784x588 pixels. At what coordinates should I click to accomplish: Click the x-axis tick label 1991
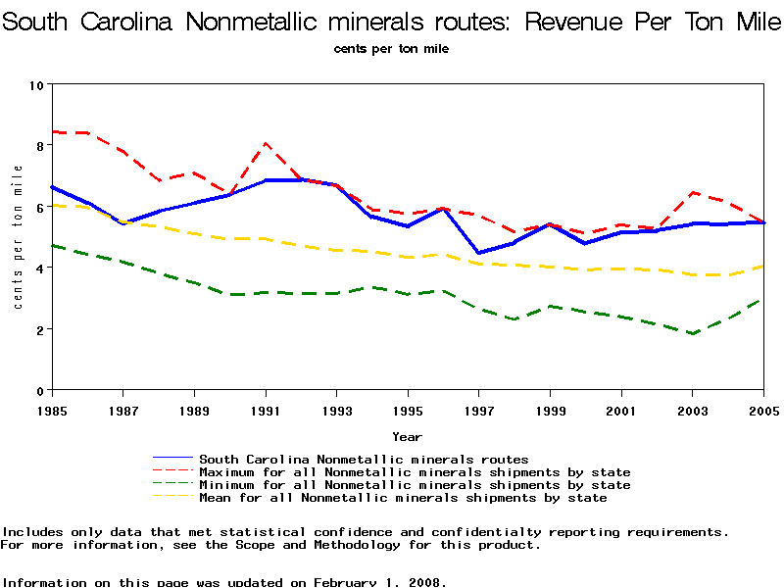(x=266, y=410)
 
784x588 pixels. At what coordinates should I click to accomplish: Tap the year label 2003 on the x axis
(x=692, y=410)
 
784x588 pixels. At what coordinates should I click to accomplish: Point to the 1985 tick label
(x=52, y=410)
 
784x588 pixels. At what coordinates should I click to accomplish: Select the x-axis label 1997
(x=478, y=410)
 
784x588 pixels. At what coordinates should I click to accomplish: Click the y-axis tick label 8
(x=38, y=146)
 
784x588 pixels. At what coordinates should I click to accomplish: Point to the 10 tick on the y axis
(x=35, y=85)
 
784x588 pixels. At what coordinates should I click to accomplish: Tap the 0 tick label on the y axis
(x=38, y=391)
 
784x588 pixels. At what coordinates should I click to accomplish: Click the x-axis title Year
(x=407, y=436)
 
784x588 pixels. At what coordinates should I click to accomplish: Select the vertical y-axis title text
(x=18, y=237)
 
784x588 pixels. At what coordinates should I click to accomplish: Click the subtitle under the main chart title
(x=391, y=48)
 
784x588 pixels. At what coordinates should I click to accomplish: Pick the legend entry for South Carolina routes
(x=364, y=459)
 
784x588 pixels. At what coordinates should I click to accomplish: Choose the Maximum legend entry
(x=415, y=472)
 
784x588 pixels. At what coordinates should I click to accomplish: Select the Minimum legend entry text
(x=415, y=485)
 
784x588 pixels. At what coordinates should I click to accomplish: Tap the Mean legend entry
(x=403, y=498)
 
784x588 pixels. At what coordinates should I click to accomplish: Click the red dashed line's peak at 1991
(x=266, y=144)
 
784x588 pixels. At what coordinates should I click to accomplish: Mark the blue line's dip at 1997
(x=478, y=253)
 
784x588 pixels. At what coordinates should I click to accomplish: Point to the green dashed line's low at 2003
(x=692, y=333)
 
